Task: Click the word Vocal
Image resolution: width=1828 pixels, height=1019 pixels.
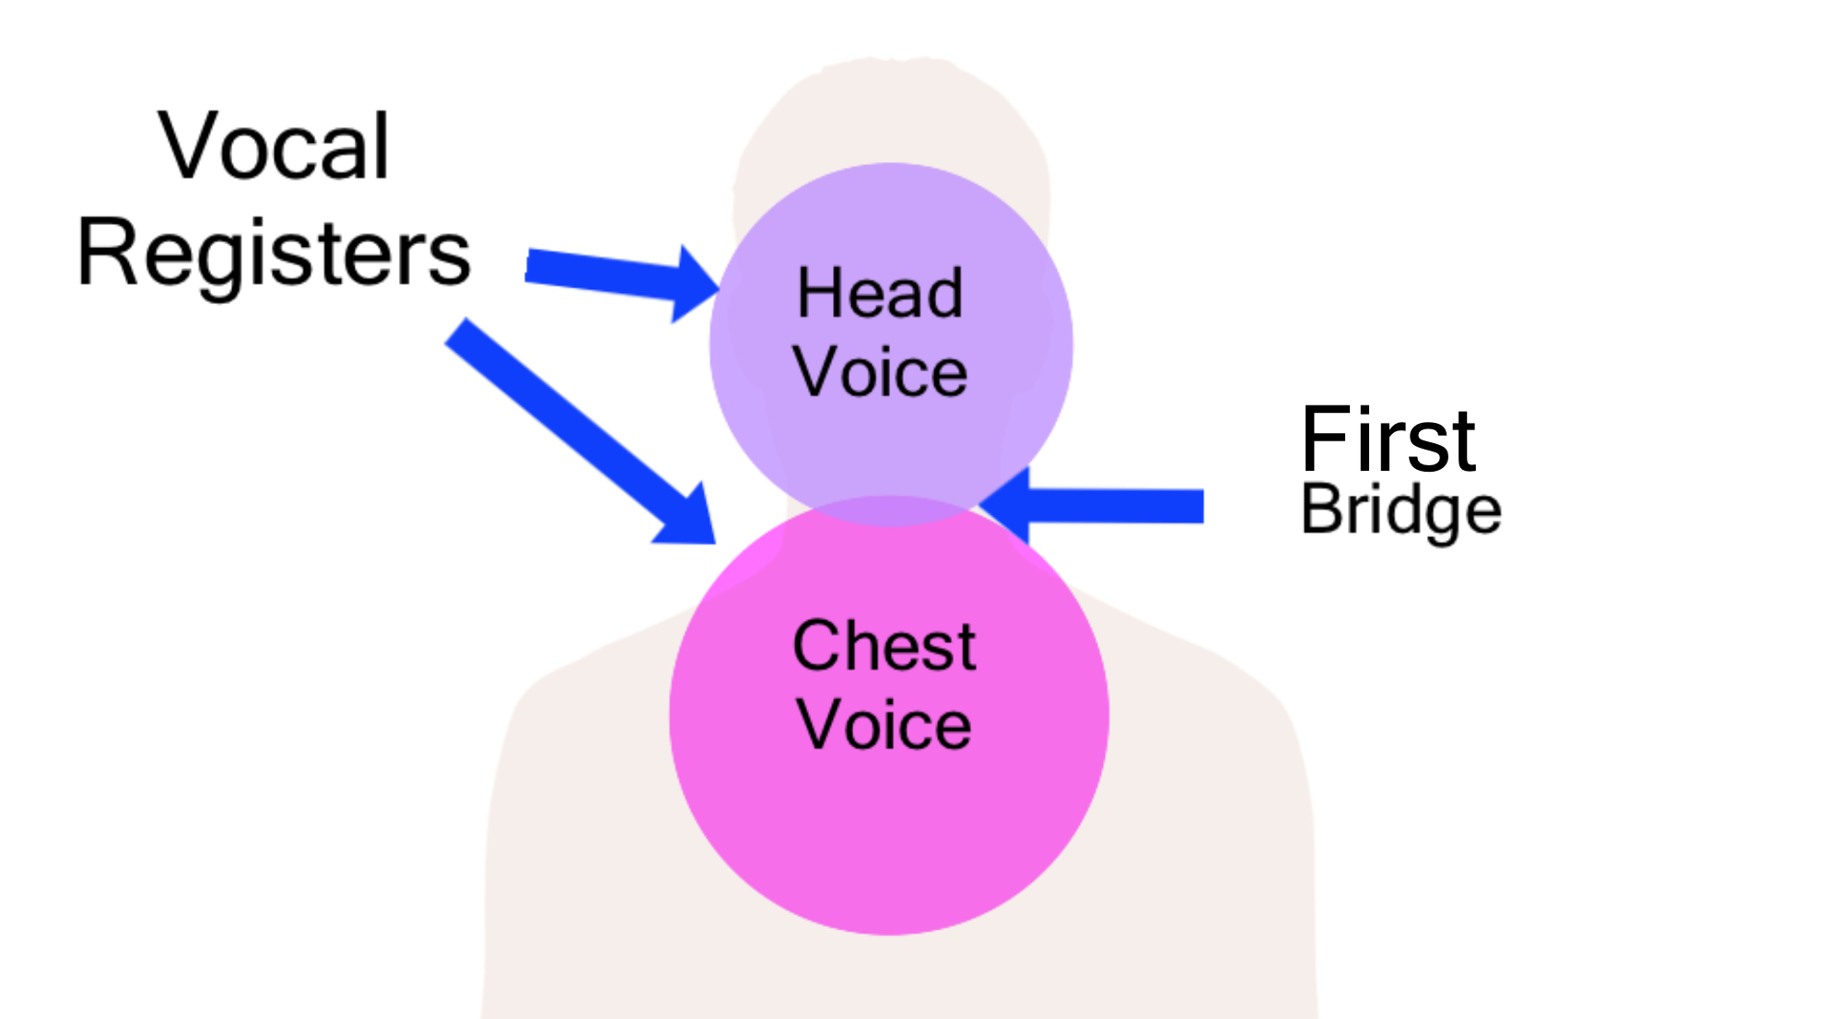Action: point(274,146)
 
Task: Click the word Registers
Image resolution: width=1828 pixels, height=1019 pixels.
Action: point(274,253)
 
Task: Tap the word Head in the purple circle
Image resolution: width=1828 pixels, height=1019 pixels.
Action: point(880,294)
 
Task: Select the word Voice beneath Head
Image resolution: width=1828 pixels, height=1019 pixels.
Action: point(880,372)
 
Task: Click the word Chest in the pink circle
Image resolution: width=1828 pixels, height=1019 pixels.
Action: point(884,646)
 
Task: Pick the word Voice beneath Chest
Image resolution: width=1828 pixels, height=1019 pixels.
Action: point(884,725)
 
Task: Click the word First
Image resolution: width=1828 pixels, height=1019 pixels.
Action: point(1388,439)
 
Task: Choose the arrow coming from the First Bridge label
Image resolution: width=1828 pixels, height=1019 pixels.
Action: point(1106,506)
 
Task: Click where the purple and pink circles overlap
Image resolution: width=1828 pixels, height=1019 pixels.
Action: point(890,511)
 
